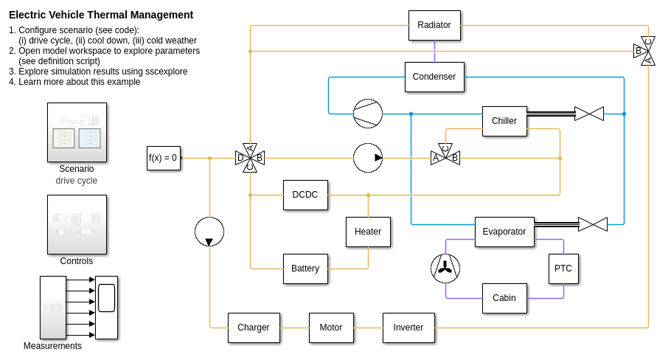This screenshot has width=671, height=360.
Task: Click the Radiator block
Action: (434, 25)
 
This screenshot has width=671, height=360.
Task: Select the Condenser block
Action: (434, 77)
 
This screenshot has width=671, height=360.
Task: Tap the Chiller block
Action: (504, 121)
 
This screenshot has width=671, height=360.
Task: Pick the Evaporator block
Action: (504, 232)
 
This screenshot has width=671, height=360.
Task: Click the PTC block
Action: (563, 269)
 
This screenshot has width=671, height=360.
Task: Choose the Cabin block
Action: (504, 298)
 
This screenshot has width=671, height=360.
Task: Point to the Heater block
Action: (368, 232)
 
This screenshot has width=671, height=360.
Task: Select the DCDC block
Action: (305, 195)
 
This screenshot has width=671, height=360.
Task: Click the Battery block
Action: (305, 269)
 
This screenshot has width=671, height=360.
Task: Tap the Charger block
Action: (254, 328)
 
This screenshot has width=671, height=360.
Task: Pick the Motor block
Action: (331, 328)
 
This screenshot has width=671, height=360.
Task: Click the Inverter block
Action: (408, 328)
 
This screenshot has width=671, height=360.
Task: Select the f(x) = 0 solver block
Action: (163, 158)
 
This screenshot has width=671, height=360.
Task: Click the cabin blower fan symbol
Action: (445, 269)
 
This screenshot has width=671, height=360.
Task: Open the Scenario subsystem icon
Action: (77, 132)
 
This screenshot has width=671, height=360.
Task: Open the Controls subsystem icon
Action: (77, 224)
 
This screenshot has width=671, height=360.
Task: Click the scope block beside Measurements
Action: (106, 307)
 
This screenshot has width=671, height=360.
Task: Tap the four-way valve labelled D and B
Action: (250, 158)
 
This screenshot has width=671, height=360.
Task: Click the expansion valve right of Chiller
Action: (589, 114)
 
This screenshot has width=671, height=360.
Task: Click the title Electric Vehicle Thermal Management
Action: (101, 15)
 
